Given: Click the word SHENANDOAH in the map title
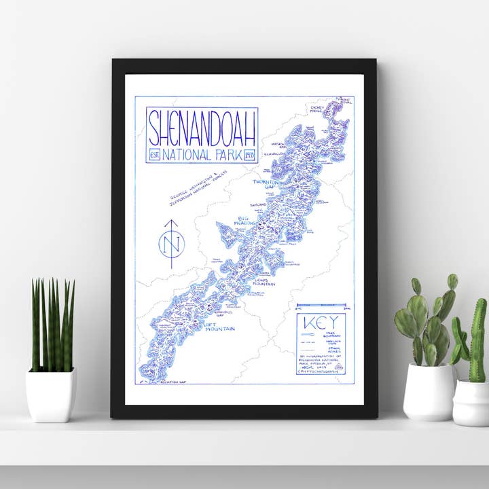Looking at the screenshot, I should pyautogui.click(x=203, y=127).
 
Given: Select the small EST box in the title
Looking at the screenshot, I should pyautogui.click(x=153, y=156).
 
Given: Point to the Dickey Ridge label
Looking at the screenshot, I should pyautogui.click(x=317, y=109).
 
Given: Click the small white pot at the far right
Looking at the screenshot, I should pyautogui.click(x=471, y=402).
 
